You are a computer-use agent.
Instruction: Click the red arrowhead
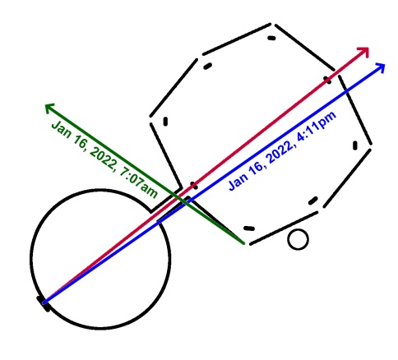[364, 52]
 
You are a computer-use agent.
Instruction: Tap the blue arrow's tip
[385, 64]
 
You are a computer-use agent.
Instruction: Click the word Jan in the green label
[61, 129]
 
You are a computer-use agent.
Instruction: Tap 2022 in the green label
[103, 159]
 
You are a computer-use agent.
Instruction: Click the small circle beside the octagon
[298, 239]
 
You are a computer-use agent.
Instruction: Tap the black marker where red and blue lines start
[44, 303]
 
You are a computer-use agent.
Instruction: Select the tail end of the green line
[243, 243]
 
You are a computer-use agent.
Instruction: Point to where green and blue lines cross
[185, 202]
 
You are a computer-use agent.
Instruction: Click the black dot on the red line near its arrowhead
[328, 80]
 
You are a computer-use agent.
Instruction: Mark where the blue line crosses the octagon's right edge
[347, 91]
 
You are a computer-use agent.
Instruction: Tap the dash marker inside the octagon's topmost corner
[271, 38]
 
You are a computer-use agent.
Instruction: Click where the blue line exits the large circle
[159, 223]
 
